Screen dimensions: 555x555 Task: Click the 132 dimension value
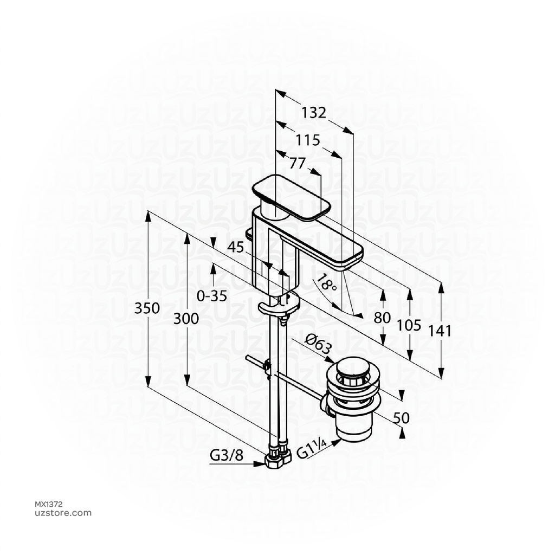click(314, 113)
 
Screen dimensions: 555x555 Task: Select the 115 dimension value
click(307, 140)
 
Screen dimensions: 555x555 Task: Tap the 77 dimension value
click(297, 163)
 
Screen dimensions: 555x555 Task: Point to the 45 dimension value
click(236, 247)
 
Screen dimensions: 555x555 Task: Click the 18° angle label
click(326, 283)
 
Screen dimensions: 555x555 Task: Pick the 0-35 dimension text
click(212, 296)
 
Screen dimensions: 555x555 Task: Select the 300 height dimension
click(186, 319)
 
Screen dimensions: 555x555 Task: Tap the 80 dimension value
click(383, 318)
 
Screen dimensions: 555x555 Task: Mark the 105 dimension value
click(410, 325)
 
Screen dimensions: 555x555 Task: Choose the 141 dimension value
click(441, 331)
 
